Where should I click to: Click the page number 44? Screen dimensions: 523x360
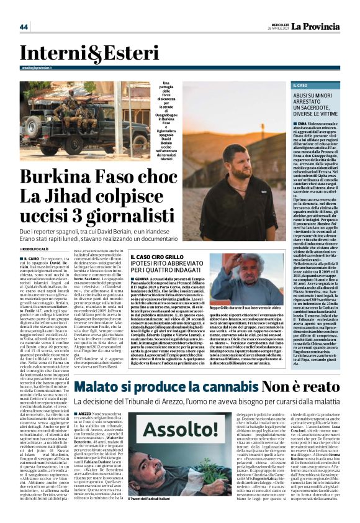24,27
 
